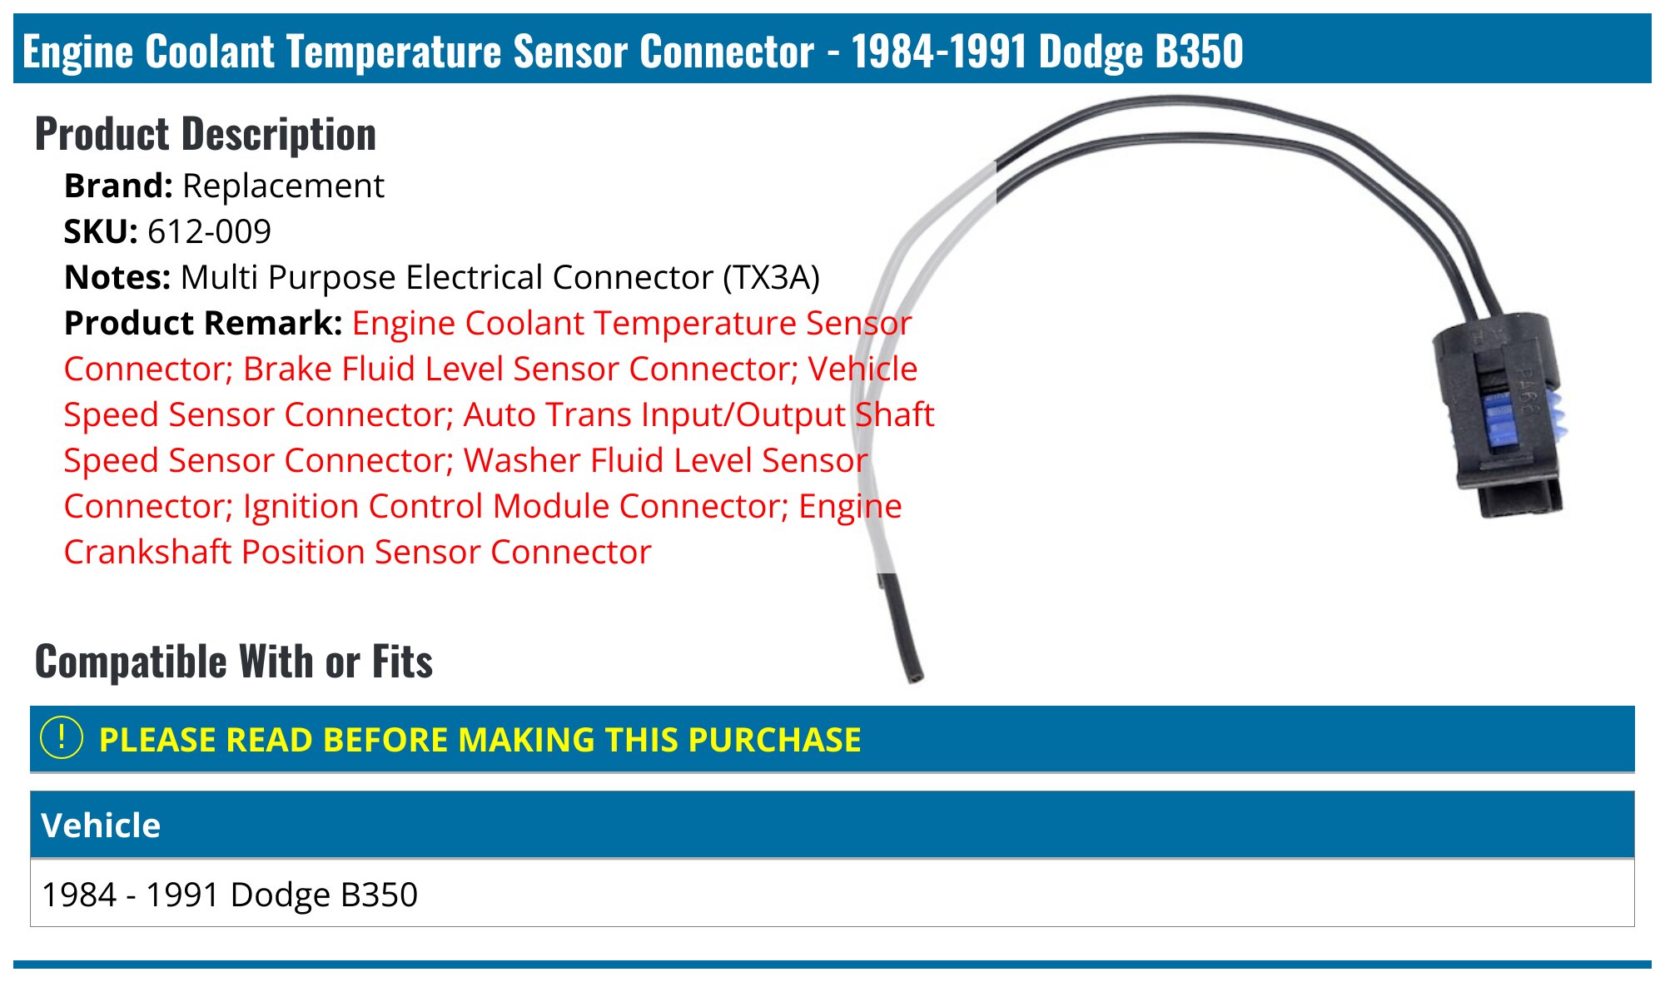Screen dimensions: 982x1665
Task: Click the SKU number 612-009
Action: pyautogui.click(x=209, y=231)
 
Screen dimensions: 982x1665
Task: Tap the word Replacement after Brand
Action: pyautogui.click(x=283, y=186)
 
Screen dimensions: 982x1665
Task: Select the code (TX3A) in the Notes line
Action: pyautogui.click(x=771, y=277)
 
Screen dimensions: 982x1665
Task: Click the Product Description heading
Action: pyautogui.click(x=206, y=134)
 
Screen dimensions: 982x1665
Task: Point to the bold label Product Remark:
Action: pyautogui.click(x=203, y=323)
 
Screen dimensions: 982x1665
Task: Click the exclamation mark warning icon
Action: pyautogui.click(x=62, y=738)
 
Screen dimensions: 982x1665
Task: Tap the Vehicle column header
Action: pyautogui.click(x=101, y=826)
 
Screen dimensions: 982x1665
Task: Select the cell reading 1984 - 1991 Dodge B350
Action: pyautogui.click(x=230, y=895)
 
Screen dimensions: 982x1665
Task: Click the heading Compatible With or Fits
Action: pyautogui.click(x=234, y=662)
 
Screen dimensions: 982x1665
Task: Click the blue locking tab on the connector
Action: pyautogui.click(x=1503, y=420)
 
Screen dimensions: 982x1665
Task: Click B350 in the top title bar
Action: pyautogui.click(x=1199, y=52)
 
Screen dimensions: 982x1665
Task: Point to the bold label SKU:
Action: pyautogui.click(x=101, y=231)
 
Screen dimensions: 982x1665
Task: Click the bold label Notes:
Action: pyautogui.click(x=117, y=277)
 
